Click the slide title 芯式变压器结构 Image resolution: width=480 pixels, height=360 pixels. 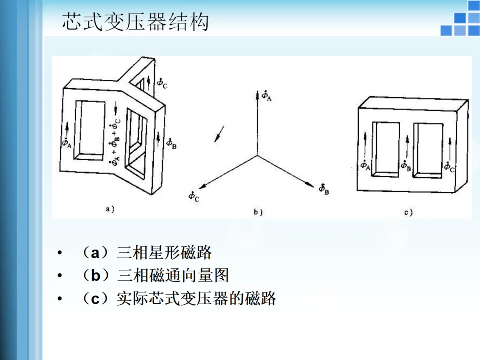point(135,22)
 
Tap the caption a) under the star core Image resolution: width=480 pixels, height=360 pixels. point(110,209)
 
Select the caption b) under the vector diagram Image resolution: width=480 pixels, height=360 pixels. point(258,212)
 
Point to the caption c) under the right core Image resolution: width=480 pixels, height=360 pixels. point(408,212)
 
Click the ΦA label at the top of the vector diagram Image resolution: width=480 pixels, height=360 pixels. point(266,96)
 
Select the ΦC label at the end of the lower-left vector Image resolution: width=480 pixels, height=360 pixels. point(194,196)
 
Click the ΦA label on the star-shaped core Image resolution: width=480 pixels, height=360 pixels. point(66,143)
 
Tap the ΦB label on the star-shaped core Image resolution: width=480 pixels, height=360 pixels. point(171,143)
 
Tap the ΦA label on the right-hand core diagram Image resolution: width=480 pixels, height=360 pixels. point(365,166)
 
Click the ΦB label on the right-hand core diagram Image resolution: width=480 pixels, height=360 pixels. point(405,166)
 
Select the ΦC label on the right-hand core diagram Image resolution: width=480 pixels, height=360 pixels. point(449,166)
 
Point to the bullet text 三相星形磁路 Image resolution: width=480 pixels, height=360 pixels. point(164,253)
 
